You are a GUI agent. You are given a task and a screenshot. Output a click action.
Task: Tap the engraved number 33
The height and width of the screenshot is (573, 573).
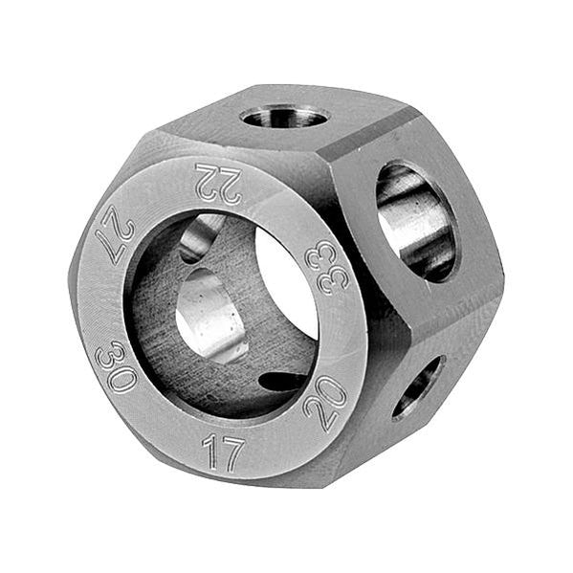click(320, 267)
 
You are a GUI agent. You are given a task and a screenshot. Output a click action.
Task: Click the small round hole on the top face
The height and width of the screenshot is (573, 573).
click(284, 118)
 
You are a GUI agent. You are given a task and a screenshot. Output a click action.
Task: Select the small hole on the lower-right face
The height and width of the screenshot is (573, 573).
click(418, 386)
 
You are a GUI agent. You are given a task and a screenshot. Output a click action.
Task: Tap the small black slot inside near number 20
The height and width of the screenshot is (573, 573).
click(285, 381)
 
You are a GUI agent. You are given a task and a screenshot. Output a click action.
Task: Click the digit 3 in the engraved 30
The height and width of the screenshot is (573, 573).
click(111, 353)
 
